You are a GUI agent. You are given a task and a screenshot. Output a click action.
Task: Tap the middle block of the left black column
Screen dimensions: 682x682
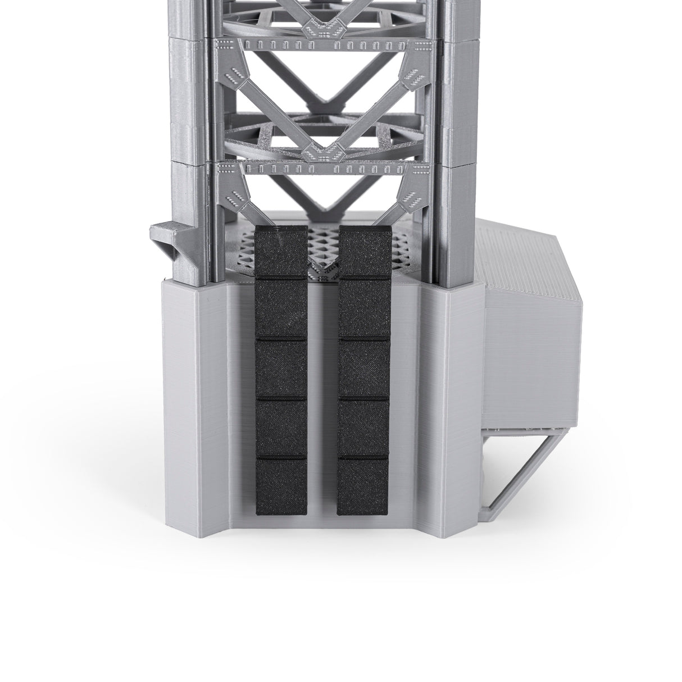[x=281, y=368]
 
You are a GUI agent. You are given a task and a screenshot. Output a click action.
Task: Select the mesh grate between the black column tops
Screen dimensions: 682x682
[x=323, y=247]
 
